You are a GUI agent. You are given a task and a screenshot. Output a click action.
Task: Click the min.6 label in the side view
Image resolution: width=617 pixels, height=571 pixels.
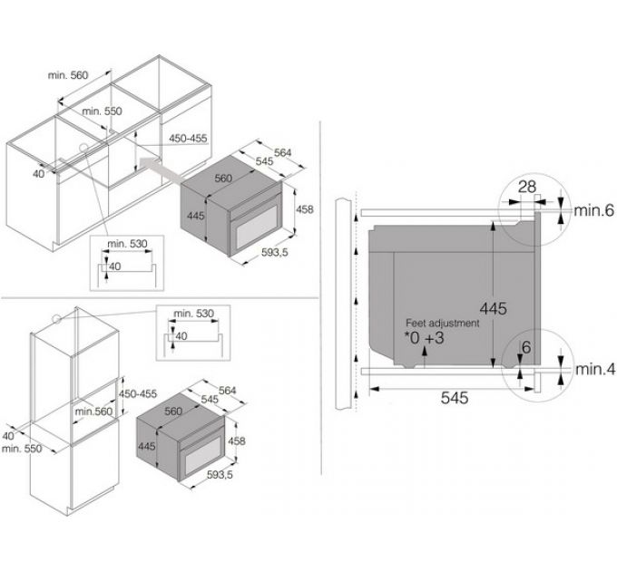[593, 210]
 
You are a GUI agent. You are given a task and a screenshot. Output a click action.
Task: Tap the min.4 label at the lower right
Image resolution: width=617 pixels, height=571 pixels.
[594, 370]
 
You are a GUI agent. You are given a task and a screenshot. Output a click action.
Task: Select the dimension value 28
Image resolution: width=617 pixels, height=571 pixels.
[527, 187]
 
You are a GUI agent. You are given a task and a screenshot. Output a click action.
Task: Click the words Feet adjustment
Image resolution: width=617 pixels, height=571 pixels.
[443, 323]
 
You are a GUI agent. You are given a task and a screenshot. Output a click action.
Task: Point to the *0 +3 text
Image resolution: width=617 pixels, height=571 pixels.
[425, 338]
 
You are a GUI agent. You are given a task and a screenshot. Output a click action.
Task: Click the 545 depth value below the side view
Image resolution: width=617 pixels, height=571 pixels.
[455, 398]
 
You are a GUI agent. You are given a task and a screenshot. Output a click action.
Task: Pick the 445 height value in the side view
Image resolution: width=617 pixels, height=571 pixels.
[493, 308]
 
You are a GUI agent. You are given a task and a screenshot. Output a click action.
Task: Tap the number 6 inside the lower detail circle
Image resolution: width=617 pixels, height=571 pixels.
[526, 347]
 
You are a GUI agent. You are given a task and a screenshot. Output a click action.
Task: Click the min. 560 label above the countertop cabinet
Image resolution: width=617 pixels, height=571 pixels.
[68, 75]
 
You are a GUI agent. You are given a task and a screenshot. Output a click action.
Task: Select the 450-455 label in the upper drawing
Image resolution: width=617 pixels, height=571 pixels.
[188, 139]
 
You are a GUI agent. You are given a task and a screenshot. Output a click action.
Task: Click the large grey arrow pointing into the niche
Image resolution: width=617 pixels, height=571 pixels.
[162, 169]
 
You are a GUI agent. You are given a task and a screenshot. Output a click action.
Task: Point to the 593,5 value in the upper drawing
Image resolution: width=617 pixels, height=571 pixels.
[275, 252]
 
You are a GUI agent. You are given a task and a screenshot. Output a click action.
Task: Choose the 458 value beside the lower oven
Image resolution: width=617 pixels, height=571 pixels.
[237, 440]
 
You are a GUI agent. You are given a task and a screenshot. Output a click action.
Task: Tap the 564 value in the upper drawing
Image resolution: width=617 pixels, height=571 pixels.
[282, 152]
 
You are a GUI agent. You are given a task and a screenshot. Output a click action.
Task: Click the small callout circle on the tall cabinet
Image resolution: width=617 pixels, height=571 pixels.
[57, 319]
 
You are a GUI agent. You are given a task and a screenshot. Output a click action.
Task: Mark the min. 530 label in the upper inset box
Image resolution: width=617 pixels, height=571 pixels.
[127, 244]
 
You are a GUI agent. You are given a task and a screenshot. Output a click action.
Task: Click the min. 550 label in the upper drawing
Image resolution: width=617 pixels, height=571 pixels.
[102, 111]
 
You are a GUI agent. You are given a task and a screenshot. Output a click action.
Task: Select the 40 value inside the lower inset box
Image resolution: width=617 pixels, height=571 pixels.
[181, 336]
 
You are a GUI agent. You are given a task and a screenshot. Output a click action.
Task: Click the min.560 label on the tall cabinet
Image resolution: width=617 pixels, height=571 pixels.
[93, 411]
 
